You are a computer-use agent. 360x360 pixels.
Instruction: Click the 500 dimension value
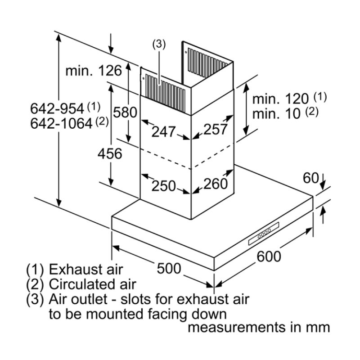click(169, 269)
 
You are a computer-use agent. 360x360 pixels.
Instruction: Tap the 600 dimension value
click(269, 256)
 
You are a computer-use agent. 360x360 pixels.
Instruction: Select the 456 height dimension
click(110, 153)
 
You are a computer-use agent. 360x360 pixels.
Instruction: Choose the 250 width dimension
click(163, 185)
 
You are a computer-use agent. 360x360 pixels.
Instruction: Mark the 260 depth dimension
click(216, 183)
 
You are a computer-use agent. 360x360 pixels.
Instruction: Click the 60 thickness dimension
click(310, 178)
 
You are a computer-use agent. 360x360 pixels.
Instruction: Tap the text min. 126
click(94, 70)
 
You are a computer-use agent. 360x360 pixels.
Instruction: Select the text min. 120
click(281, 99)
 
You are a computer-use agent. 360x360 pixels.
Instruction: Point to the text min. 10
click(276, 113)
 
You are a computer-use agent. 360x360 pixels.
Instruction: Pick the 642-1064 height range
click(61, 122)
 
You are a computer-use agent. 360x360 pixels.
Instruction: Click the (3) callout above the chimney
click(159, 44)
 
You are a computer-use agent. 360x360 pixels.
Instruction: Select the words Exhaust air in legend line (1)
click(85, 270)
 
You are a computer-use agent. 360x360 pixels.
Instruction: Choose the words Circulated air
click(92, 284)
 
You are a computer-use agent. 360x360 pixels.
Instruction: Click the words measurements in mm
click(258, 327)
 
